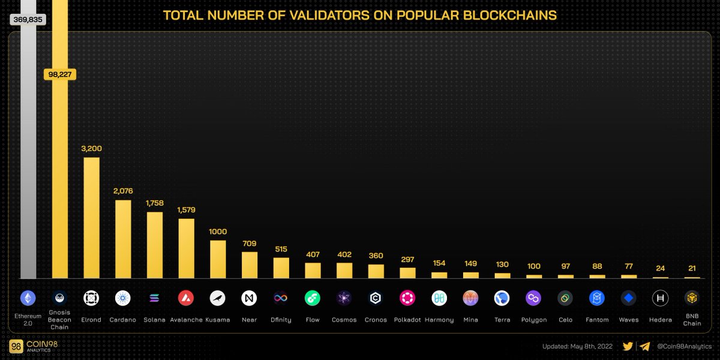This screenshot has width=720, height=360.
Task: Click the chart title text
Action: (x=360, y=15)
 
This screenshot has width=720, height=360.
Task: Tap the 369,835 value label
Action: (x=28, y=20)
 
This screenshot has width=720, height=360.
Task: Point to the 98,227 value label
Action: (x=60, y=74)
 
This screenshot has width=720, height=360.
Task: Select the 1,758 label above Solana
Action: (x=155, y=203)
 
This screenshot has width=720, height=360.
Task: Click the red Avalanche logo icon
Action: (x=186, y=298)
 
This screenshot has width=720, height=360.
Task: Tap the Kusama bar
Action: (x=218, y=259)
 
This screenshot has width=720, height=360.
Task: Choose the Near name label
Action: (x=249, y=320)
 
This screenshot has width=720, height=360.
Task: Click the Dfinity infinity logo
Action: (x=281, y=298)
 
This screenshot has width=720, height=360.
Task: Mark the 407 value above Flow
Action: (x=313, y=254)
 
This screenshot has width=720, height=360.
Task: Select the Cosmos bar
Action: (x=344, y=271)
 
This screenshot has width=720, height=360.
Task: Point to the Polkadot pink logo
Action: (x=407, y=298)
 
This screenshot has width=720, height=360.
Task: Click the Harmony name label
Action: (x=439, y=320)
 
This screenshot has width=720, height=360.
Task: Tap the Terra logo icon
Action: (x=502, y=298)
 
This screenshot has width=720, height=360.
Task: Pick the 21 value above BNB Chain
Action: (x=692, y=268)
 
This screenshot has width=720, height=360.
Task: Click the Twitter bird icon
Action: (x=628, y=346)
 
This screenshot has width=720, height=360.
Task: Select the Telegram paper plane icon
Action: (x=645, y=346)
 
